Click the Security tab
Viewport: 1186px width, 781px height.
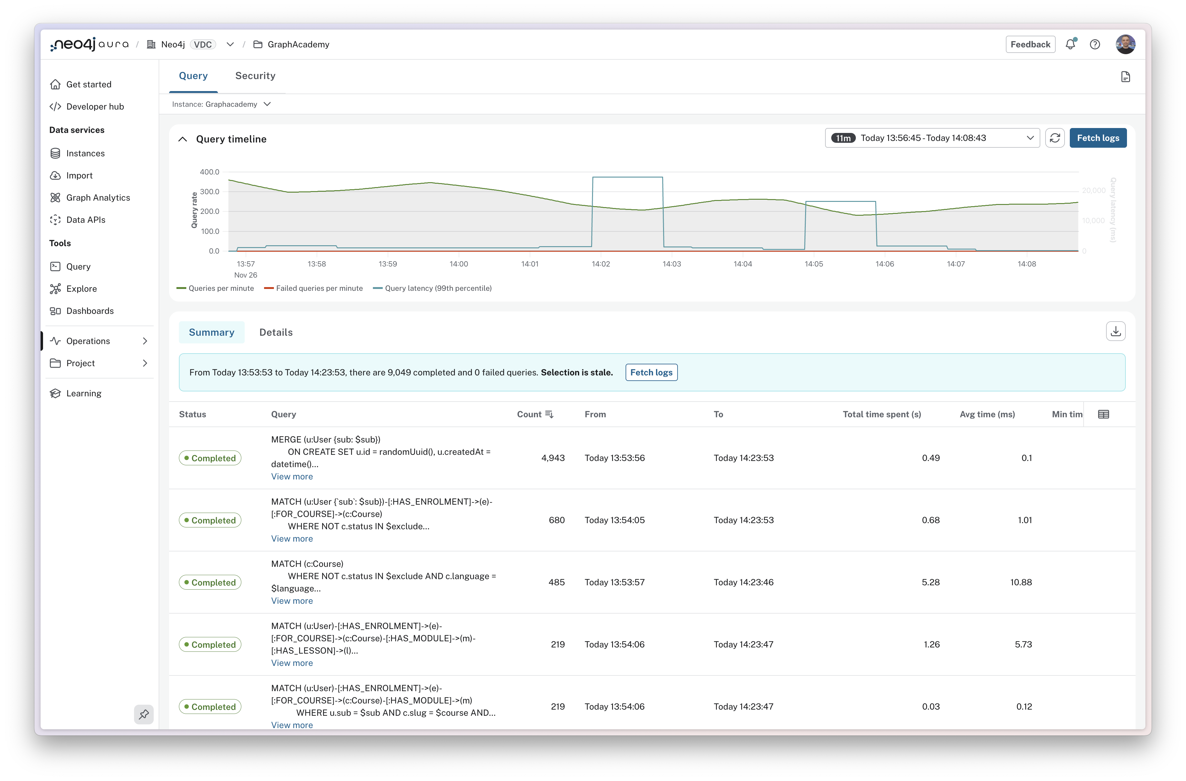point(255,76)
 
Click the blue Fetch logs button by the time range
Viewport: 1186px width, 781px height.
point(1098,138)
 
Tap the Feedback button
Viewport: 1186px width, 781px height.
point(1030,44)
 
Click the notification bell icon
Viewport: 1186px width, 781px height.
point(1070,44)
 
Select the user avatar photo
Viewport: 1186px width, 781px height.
point(1125,44)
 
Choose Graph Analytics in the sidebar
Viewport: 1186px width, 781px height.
point(98,198)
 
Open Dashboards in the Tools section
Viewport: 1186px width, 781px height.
point(90,311)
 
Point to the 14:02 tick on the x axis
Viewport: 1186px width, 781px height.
point(600,264)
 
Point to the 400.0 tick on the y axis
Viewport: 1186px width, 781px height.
point(209,172)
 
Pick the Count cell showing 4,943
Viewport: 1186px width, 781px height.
point(553,458)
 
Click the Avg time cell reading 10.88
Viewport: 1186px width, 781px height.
point(1021,582)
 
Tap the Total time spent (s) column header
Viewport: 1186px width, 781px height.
point(882,415)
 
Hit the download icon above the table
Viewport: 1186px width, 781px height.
point(1115,331)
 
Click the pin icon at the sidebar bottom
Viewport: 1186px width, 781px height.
point(144,714)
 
